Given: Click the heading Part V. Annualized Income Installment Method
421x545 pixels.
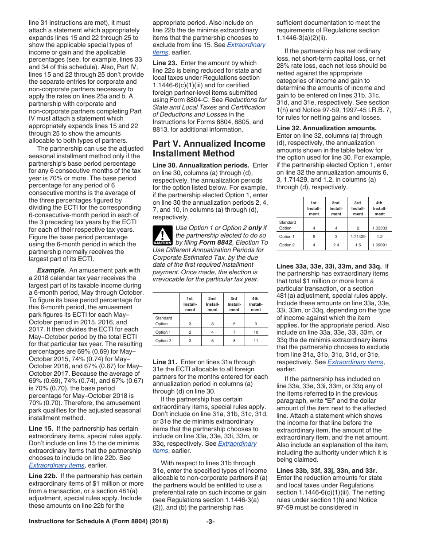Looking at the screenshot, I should click(x=209, y=148).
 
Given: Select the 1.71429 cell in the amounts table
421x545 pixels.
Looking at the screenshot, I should click(x=358, y=236).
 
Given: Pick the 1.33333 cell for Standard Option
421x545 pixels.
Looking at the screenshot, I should click(x=380, y=228).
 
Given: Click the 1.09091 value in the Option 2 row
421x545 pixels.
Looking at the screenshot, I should click(x=380, y=245).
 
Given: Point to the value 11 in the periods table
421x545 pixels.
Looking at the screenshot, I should click(x=256, y=341).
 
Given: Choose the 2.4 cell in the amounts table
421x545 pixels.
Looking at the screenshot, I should click(x=336, y=245).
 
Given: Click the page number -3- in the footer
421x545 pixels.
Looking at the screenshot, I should click(x=210, y=534).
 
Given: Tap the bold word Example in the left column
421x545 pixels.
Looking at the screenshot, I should click(x=51, y=270).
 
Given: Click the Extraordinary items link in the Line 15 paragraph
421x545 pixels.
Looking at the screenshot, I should click(x=56, y=465).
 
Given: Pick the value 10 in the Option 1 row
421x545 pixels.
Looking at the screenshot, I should click(x=256, y=332).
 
